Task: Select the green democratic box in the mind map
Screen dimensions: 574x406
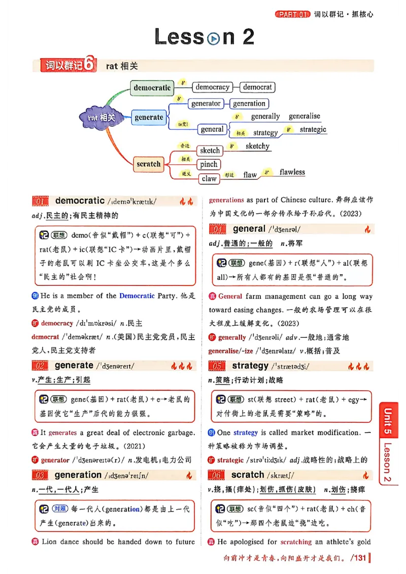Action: pos(152,88)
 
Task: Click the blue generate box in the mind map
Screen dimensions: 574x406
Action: pos(149,117)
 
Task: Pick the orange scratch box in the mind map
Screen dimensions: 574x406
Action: pos(148,164)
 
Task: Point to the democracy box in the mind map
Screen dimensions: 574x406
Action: pos(213,87)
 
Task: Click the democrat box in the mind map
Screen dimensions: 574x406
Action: pos(257,87)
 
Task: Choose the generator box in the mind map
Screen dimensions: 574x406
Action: pos(206,103)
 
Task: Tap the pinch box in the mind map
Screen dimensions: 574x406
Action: pos(209,164)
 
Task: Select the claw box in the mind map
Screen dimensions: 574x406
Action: pos(209,178)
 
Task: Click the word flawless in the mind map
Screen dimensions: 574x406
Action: pos(292,172)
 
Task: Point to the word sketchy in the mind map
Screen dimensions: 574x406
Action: pos(257,147)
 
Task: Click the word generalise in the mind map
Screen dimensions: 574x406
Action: pos(304,116)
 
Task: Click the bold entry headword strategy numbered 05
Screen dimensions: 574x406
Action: pos(250,366)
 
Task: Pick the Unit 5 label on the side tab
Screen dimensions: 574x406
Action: pos(388,421)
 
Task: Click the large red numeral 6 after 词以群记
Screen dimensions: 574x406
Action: pos(89,65)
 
